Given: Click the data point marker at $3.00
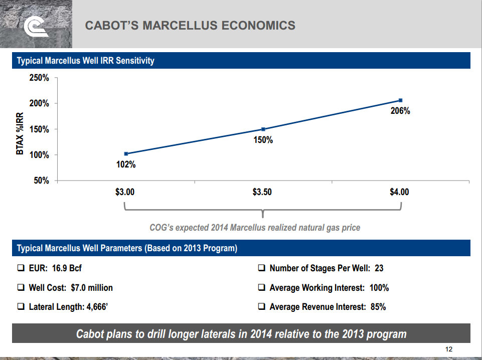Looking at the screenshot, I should [x=126, y=153].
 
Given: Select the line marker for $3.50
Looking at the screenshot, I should [x=263, y=129].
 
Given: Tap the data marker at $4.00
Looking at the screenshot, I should [x=400, y=100].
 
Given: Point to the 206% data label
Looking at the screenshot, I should [x=400, y=111].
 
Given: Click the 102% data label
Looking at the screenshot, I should [x=126, y=164].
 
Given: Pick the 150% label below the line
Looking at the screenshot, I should [x=263, y=140].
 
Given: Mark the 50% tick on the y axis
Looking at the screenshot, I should [x=41, y=181].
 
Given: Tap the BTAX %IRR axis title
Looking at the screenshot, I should [x=21, y=132].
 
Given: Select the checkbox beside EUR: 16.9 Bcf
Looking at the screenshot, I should [x=21, y=268].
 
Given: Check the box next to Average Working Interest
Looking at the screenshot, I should [x=261, y=288].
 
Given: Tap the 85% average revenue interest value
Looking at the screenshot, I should [x=378, y=307].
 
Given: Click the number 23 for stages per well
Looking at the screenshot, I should [x=379, y=268].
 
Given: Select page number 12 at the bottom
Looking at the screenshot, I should [x=449, y=349].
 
